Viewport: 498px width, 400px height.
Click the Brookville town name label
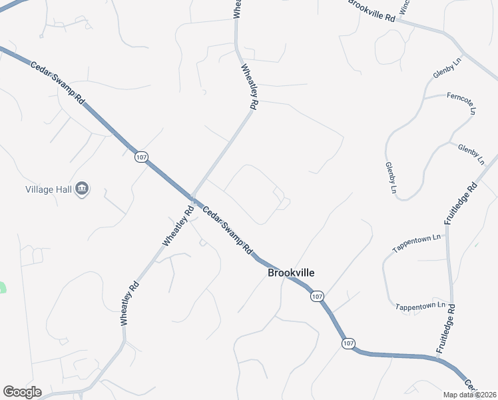click(x=291, y=273)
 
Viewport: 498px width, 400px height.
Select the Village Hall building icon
click(x=82, y=189)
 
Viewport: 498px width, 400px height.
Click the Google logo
click(x=22, y=392)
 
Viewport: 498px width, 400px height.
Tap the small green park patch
click(x=2, y=287)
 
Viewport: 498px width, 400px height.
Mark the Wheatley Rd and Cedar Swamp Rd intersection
click(x=192, y=198)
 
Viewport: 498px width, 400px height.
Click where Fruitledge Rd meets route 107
click(x=439, y=359)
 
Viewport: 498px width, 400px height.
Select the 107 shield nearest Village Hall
click(x=140, y=157)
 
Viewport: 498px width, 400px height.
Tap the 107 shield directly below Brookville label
click(x=317, y=296)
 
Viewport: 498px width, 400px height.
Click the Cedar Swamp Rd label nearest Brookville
click(x=228, y=229)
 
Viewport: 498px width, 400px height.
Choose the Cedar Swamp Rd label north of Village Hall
click(x=58, y=82)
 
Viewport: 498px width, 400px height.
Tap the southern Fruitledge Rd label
click(x=445, y=329)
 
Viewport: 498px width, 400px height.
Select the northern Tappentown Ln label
click(x=417, y=242)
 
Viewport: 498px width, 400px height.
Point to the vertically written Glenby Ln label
click(x=390, y=178)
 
